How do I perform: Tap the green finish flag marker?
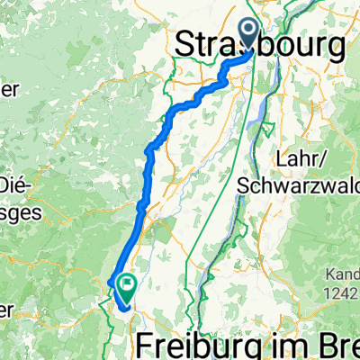(126, 287)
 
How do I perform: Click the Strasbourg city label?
(261, 43)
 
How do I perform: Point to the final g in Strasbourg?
(333, 45)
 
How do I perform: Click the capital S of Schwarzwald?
(244, 183)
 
